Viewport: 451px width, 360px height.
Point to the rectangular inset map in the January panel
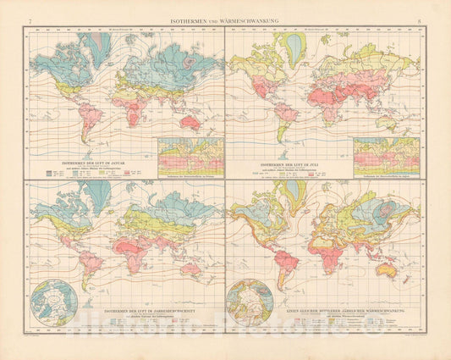[190, 153]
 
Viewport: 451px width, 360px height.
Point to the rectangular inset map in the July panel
[386, 153]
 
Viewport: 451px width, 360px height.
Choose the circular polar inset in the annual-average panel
[53, 302]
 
